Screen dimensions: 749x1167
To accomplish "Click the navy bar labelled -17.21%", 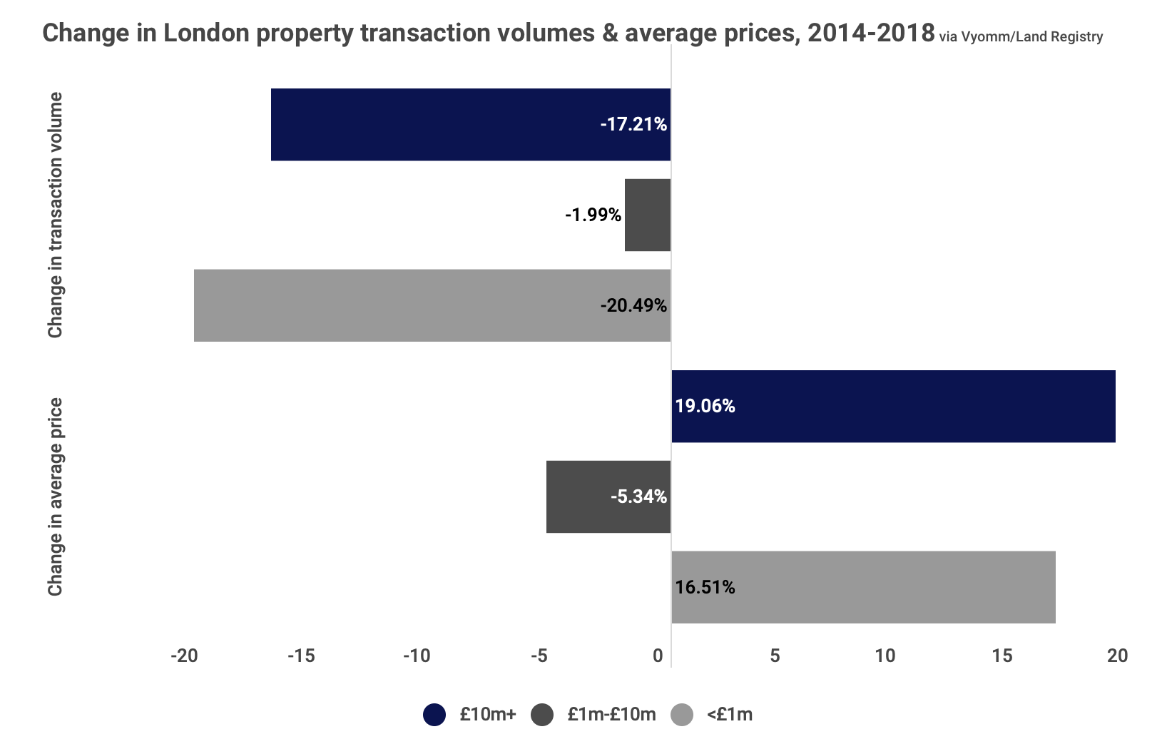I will pos(471,125).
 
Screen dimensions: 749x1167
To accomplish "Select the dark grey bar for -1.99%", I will pos(648,215).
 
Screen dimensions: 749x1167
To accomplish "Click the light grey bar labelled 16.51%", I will pos(863,587).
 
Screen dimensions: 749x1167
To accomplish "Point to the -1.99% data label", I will pos(593,215).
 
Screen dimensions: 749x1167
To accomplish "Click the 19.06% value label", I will pos(705,407).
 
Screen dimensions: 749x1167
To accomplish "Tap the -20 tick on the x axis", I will pos(184,656).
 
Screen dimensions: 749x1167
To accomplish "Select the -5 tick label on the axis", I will pos(539,656).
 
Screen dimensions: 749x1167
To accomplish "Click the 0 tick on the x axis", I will pos(658,656).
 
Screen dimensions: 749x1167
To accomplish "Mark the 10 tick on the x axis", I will pos(885,656).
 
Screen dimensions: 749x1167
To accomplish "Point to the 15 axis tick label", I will pos(1002,656).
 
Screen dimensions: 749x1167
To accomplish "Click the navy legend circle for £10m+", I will pos(434,715).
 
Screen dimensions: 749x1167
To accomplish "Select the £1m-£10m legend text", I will pos(611,715).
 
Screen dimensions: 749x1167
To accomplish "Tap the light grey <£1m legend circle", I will pos(683,715).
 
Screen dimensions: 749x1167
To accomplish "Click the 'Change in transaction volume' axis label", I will pos(56,215).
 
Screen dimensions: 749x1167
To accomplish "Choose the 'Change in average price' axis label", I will pos(56,496).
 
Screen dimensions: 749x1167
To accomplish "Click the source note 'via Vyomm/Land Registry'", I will pos(1021,37).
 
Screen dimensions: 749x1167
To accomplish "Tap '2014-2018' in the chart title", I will pos(870,33).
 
